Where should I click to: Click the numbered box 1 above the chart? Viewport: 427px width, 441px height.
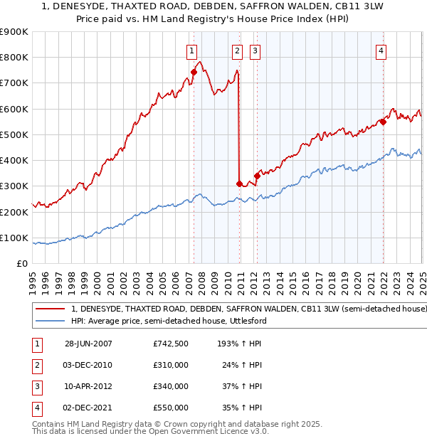pos(192,51)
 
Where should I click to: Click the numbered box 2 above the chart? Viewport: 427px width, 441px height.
pos(237,51)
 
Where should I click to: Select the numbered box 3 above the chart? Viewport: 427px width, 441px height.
pos(255,51)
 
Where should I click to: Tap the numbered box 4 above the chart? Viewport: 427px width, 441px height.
pos(381,51)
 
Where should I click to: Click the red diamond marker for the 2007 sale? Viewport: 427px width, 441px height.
pos(194,72)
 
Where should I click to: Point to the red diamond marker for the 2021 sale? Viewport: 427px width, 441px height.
pos(383,122)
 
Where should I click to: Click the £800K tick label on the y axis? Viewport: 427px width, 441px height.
pos(14,58)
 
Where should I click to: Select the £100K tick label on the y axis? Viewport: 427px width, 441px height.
pos(14,238)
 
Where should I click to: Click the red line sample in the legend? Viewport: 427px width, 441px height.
pos(51,309)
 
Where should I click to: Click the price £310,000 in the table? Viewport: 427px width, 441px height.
pos(171,366)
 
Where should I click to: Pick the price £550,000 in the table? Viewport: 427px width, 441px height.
pos(171,408)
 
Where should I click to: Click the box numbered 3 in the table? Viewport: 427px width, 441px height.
pos(36,387)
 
